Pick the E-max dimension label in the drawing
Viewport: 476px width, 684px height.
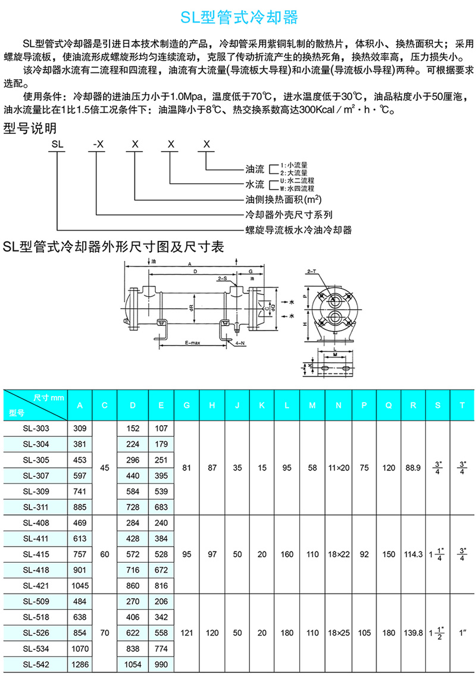coord(192,343)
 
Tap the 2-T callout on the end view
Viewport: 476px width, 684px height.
coord(311,271)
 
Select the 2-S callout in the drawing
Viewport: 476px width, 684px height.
coord(223,278)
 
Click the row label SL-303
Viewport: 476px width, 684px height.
coord(36,428)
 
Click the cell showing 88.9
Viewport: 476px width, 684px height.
coord(413,468)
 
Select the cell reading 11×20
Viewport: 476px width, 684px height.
coord(338,468)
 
